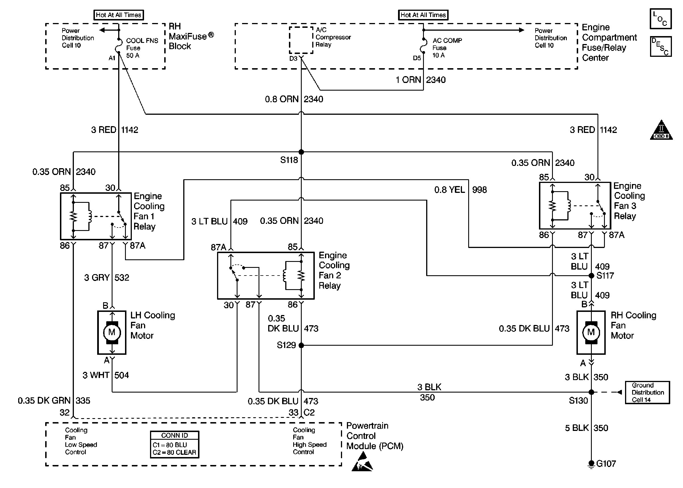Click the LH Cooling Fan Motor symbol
(x=111, y=332)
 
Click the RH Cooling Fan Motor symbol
(x=590, y=332)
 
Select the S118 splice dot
(x=301, y=152)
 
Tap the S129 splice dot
(x=301, y=345)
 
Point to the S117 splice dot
(x=591, y=275)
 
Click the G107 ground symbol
(x=591, y=464)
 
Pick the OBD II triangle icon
(x=661, y=131)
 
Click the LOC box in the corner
(x=660, y=19)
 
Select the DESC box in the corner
(x=660, y=47)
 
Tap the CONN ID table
(x=174, y=445)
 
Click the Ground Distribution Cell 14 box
(x=647, y=392)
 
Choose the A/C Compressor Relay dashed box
(x=301, y=40)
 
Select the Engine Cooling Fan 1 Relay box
(x=96, y=216)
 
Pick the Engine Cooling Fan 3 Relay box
(x=574, y=206)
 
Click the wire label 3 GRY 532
(x=107, y=277)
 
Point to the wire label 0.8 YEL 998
(x=460, y=190)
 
